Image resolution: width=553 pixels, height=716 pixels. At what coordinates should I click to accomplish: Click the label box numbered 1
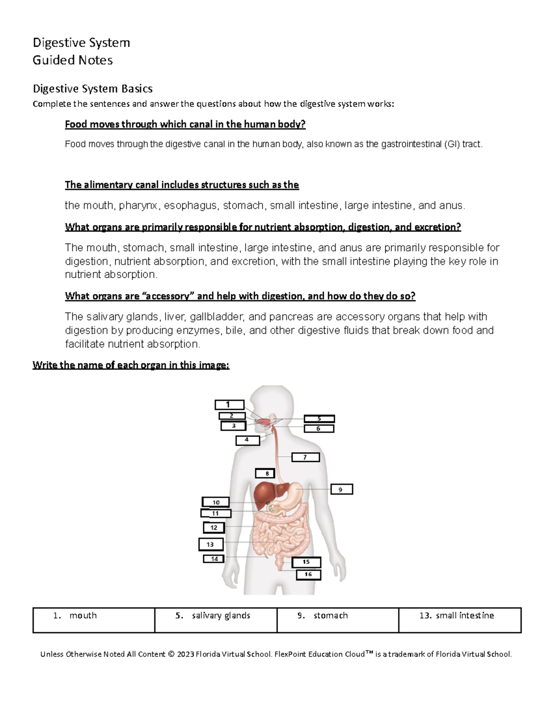tap(229, 405)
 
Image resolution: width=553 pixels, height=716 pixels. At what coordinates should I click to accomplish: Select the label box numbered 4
tap(247, 440)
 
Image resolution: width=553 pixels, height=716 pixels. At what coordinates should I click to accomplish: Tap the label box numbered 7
tap(305, 457)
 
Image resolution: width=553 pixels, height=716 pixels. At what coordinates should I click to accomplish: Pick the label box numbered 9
tap(341, 489)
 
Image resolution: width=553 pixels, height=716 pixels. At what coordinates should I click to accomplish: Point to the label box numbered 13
tap(211, 544)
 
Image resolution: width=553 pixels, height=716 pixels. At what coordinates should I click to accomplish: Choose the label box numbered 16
tap(308, 574)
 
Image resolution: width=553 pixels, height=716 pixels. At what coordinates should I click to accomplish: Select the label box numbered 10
tap(216, 502)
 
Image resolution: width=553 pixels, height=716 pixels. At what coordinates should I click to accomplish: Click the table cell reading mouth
tap(94, 620)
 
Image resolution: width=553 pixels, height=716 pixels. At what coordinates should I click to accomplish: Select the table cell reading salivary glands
tap(216, 620)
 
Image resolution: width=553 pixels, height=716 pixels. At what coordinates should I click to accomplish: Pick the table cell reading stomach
tap(338, 620)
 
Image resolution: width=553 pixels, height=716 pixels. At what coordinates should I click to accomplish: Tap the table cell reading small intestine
tap(459, 620)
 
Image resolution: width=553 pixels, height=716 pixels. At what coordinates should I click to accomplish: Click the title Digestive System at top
tap(81, 43)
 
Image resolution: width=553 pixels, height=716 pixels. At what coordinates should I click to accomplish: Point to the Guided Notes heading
tap(72, 60)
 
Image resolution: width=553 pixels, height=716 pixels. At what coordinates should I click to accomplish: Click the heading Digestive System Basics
tap(92, 89)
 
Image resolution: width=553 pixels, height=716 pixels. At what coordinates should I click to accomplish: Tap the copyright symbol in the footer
tap(171, 654)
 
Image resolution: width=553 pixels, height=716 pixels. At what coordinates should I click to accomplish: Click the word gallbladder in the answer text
tap(217, 317)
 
